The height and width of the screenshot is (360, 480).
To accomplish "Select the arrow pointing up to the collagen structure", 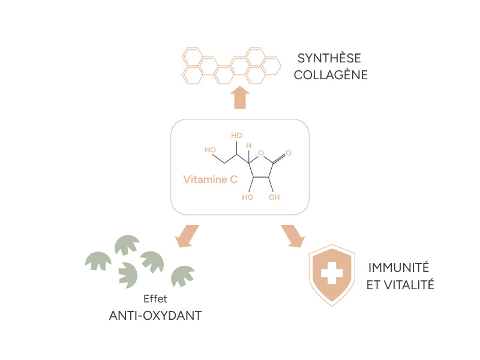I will point(240,98).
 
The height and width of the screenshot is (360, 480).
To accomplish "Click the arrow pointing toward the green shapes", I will point(187,236).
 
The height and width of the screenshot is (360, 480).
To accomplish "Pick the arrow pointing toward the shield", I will point(293,236).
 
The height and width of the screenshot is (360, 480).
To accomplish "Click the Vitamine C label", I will point(210,179).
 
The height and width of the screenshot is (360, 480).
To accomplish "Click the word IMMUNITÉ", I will point(398,268).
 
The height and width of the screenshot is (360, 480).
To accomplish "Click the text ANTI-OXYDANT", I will point(155,315).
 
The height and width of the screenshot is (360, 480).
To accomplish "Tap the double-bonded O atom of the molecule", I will point(289,153).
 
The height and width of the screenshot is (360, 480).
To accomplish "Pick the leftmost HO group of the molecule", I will point(210,149).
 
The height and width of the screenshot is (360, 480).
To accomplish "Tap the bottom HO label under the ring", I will point(247,197).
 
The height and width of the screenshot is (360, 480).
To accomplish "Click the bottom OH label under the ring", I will point(274,197).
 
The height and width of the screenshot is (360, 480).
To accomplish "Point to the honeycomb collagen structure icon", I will point(230,65).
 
